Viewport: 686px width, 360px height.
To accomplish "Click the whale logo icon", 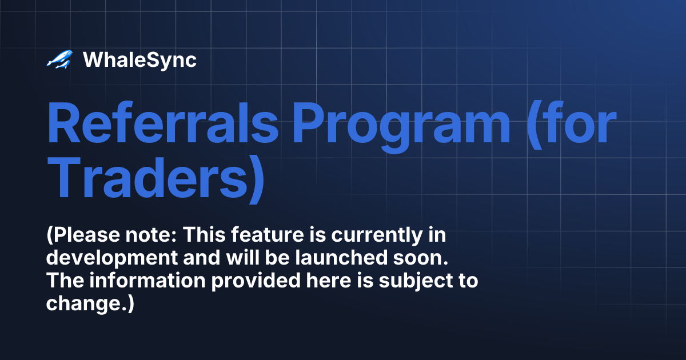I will [59, 59].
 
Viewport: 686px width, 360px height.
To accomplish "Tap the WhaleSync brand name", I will [139, 60].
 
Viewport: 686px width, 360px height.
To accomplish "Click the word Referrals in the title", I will [161, 125].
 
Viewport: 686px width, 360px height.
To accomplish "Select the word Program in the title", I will [401, 125].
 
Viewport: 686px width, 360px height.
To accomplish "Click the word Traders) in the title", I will [155, 178].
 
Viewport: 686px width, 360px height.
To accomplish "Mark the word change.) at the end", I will [90, 303].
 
